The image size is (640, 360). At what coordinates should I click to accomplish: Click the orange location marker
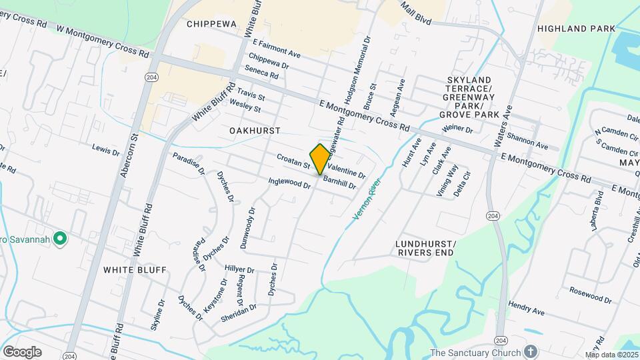320,159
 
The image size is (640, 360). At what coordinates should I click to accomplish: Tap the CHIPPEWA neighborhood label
211,24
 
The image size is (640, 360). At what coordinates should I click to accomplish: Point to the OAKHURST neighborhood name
255,131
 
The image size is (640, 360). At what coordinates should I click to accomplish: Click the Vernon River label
365,199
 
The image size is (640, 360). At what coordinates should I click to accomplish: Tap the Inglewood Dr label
289,182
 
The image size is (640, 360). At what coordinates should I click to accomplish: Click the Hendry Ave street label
527,307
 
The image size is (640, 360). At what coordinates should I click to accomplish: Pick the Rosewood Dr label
590,295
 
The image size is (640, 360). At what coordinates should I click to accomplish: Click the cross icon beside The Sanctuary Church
530,351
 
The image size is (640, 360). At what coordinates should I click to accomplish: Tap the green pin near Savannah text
59,238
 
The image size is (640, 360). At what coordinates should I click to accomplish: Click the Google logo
22,352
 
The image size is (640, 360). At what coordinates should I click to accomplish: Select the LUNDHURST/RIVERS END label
425,248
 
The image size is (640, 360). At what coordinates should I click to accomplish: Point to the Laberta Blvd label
597,211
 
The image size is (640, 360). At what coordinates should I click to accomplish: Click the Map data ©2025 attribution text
612,355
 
